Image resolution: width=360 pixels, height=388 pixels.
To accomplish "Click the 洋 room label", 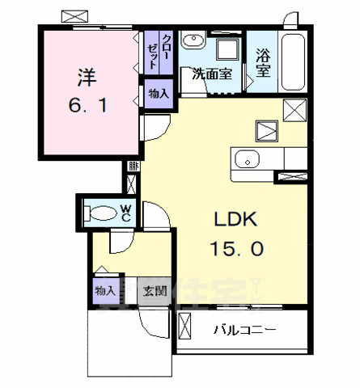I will pyautogui.click(x=86, y=79).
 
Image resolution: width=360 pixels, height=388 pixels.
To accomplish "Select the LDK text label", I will pyautogui.click(x=235, y=220).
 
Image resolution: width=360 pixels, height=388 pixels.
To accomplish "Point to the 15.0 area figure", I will pyautogui.click(x=236, y=251).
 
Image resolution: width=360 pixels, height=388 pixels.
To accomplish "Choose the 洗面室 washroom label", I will pyautogui.click(x=210, y=74).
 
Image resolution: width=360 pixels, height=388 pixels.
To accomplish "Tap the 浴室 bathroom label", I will pyautogui.click(x=263, y=63).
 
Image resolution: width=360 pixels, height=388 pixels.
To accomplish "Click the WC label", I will pyautogui.click(x=126, y=213).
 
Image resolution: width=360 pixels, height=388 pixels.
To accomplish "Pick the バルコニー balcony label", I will pyautogui.click(x=246, y=330).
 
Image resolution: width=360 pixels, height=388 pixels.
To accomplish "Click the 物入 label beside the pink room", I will pyautogui.click(x=159, y=94).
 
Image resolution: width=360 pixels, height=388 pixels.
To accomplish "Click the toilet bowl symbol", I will pyautogui.click(x=102, y=213).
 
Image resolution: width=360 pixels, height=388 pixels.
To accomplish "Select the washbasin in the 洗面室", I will pyautogui.click(x=193, y=44).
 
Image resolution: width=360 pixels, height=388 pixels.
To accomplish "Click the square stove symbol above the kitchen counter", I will pyautogui.click(x=266, y=129).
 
